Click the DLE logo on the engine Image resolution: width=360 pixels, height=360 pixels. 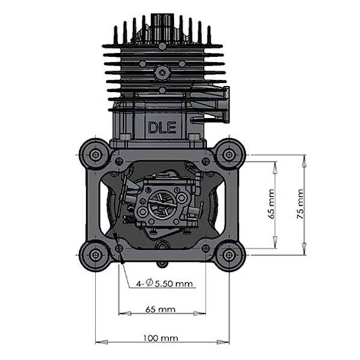[163, 128]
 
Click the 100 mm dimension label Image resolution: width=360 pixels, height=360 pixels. [161, 338]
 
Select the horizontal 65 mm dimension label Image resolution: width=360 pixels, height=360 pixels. [160, 309]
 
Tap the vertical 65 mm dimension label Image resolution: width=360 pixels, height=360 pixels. [271, 204]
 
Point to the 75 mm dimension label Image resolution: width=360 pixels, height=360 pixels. [301, 204]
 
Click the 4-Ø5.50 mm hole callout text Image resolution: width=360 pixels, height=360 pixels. [164, 283]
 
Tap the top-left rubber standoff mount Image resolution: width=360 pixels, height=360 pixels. [95, 155]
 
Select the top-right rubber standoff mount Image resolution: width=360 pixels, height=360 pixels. [229, 155]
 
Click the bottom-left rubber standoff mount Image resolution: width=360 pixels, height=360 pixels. [95, 255]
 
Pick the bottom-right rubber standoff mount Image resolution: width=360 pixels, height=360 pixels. [229, 255]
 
